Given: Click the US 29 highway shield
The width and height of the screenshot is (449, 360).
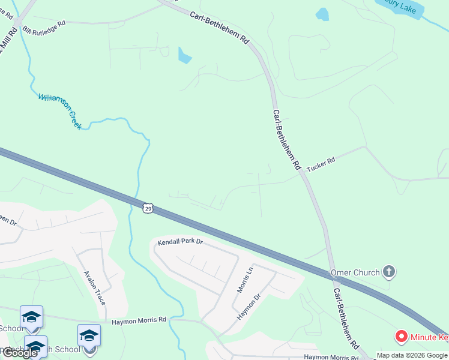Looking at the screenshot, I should pos(148,208).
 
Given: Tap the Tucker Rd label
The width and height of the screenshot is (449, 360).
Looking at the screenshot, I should pos(321,161).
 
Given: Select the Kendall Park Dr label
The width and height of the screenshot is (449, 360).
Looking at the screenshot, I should pos(180,242).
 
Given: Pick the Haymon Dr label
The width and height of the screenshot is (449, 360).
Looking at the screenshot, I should pos(249,307).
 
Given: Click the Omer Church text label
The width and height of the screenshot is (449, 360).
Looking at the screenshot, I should pos(355,272).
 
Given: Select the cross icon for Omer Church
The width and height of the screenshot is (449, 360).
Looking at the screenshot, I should pos(389,272).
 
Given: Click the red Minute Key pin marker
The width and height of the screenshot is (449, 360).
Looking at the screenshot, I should pos(401,337).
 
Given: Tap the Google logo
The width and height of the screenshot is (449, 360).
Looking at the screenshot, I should pos(20,353).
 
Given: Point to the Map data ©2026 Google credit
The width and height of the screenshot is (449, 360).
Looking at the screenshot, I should pos(412,356).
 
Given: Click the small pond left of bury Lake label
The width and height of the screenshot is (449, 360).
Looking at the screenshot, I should pos(322,14).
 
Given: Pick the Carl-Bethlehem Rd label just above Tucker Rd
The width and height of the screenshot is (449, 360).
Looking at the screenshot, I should pos(286,141).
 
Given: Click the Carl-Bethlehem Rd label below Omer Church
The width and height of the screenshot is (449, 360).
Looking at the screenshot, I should pos(345,319).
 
